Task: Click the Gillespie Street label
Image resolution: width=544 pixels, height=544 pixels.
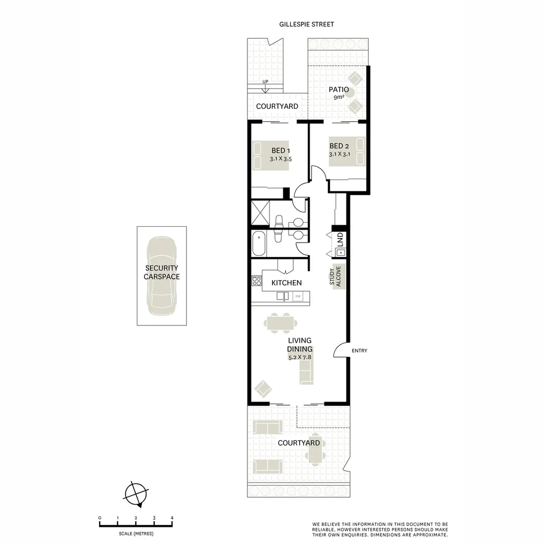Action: pos(307,24)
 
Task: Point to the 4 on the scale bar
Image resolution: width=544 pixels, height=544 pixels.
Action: pos(172,518)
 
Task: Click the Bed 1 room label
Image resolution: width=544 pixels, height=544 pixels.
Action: pos(281,150)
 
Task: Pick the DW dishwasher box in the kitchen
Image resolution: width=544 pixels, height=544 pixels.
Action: pos(298,297)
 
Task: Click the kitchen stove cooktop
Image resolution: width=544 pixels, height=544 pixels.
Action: pos(256,281)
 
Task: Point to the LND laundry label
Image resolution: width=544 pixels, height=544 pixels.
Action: pos(340,239)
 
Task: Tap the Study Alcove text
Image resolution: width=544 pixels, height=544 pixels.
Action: pos(335,276)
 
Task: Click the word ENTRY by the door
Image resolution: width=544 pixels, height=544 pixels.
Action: pos(360,351)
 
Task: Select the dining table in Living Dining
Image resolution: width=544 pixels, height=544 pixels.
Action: pos(281,323)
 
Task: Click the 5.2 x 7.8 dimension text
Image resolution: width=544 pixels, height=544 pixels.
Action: pos(300,357)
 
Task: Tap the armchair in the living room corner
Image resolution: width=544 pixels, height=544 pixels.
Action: pos(263,389)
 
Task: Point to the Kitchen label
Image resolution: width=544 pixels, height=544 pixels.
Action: pos(287,283)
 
